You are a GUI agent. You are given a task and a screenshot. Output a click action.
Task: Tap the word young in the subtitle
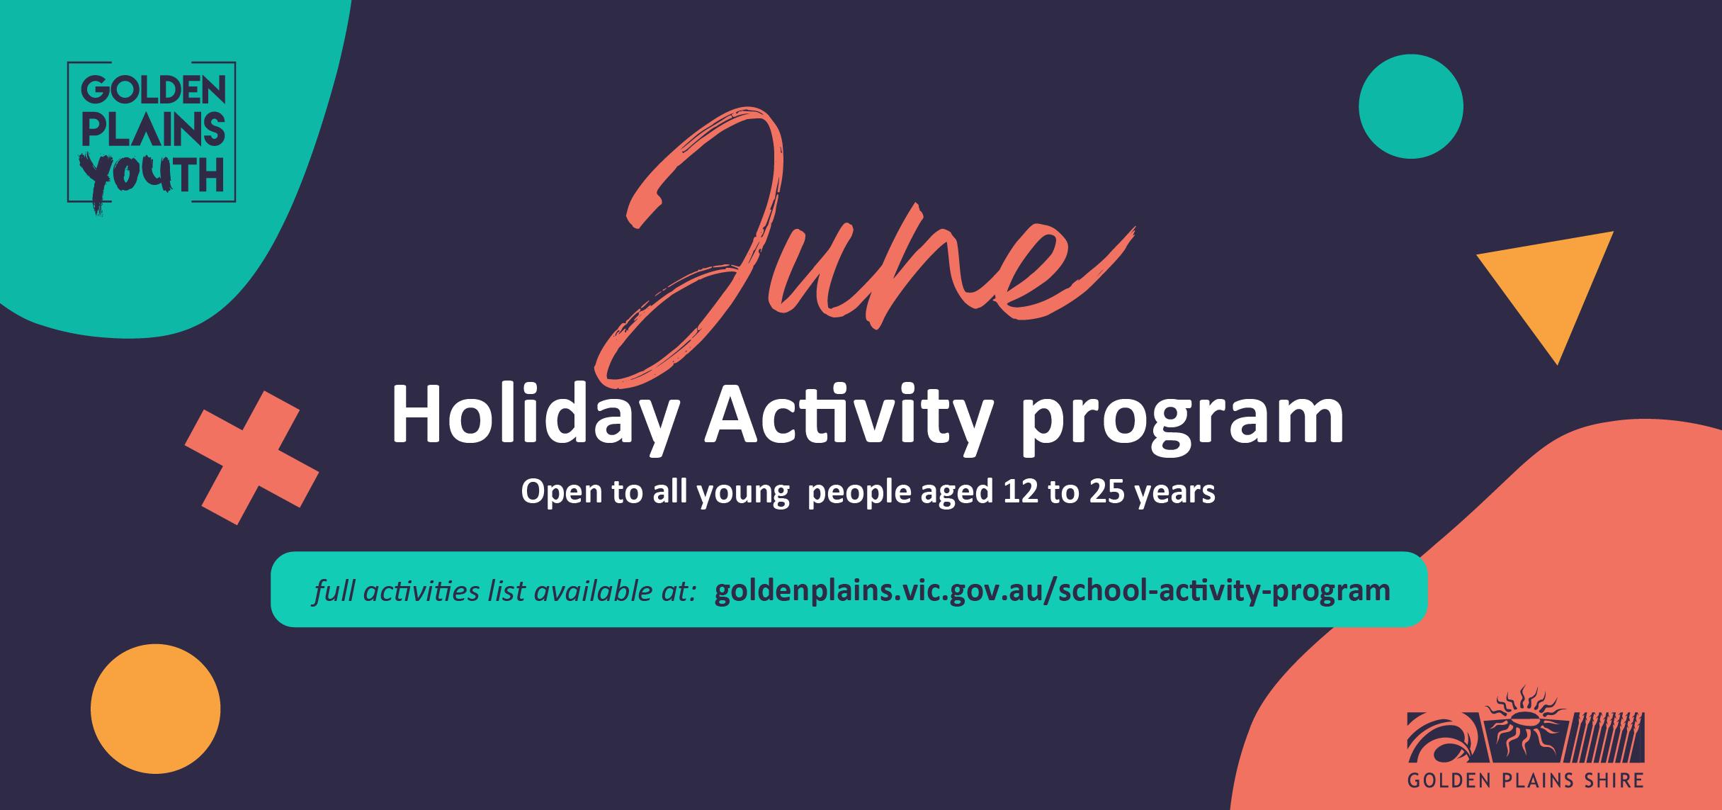click(x=744, y=495)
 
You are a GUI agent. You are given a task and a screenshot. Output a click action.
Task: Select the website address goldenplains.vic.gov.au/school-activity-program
click(x=1053, y=591)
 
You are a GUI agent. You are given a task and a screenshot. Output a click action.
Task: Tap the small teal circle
click(x=1411, y=106)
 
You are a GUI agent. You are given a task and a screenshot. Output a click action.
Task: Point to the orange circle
click(x=155, y=709)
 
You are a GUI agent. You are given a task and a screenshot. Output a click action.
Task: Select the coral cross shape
click(x=251, y=458)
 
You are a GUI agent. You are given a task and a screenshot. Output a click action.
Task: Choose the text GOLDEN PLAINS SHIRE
click(x=1525, y=780)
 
